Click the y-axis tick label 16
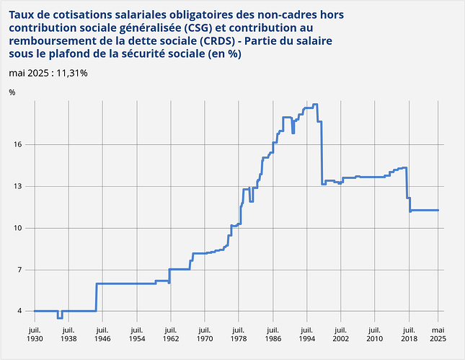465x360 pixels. pyautogui.click(x=19, y=145)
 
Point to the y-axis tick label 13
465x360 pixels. pyautogui.click(x=19, y=186)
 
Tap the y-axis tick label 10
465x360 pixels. pyautogui.click(x=19, y=228)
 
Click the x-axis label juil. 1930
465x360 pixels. pyautogui.click(x=34, y=332)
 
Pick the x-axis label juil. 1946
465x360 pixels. pyautogui.click(x=102, y=332)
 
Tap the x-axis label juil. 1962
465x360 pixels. pyautogui.click(x=170, y=332)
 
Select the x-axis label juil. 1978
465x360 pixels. pyautogui.click(x=238, y=332)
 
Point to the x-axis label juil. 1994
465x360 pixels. pyautogui.click(x=306, y=332)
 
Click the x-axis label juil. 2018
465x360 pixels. pyautogui.click(x=408, y=332)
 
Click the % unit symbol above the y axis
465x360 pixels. pyautogui.click(x=12, y=92)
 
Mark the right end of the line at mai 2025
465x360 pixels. pyautogui.click(x=438, y=210)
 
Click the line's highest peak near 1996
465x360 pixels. pyautogui.click(x=315, y=105)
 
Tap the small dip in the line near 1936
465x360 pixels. pyautogui.click(x=60, y=317)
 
